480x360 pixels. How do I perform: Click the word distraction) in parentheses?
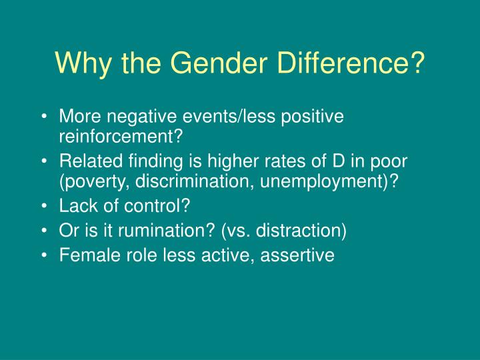[299, 231]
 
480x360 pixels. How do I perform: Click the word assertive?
[300, 255]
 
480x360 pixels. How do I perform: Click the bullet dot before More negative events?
[44, 117]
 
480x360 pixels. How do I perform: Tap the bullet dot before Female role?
[44, 255]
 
